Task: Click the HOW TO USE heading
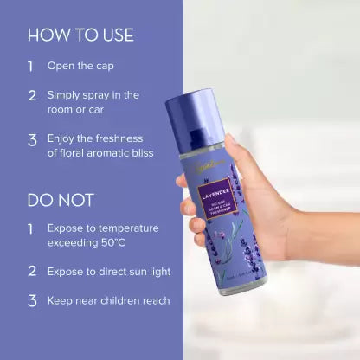click(80, 35)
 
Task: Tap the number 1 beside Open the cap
click(31, 65)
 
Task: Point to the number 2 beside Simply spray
click(32, 94)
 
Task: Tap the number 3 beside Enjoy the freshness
click(32, 139)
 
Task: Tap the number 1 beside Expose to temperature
click(31, 228)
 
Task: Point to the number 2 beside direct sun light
click(32, 272)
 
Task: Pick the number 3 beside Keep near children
click(32, 301)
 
